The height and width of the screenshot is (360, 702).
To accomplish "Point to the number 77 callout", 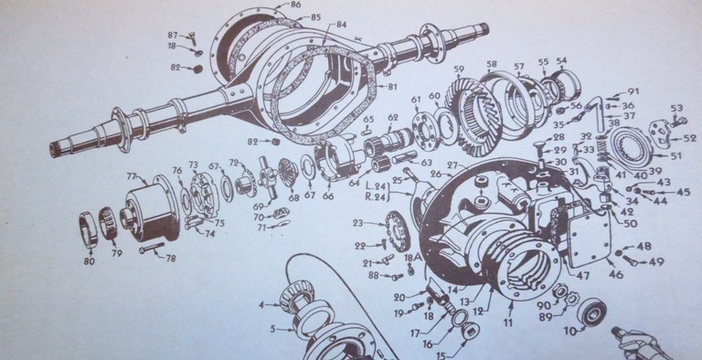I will coord(132,176).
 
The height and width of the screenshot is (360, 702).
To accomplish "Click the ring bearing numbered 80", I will coord(89,228).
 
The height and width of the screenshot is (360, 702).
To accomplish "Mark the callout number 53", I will coord(676,108).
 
